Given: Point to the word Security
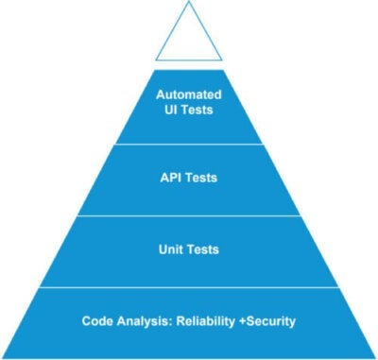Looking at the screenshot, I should coord(270,320).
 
